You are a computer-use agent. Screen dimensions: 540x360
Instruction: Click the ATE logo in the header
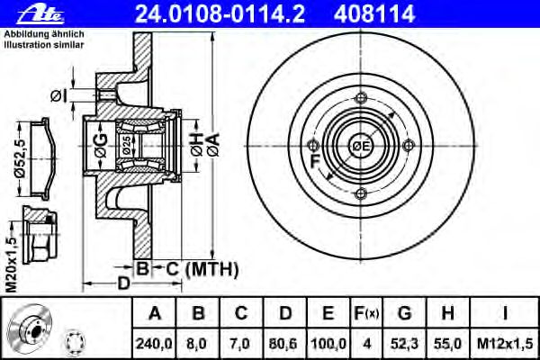pos(40,14)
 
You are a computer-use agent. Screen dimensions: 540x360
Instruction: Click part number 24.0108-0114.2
pos(220,14)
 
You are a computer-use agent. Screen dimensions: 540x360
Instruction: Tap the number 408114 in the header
pos(374,14)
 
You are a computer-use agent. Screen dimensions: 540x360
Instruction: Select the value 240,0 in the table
pos(154,344)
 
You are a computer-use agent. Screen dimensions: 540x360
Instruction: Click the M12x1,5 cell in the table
pos(505,344)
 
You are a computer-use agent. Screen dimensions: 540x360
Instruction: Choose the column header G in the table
pos(405,313)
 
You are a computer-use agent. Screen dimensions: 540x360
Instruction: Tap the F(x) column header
pos(366,313)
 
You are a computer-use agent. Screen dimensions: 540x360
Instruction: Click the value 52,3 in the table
pos(405,344)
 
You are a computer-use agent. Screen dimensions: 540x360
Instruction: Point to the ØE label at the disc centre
pos(360,146)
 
